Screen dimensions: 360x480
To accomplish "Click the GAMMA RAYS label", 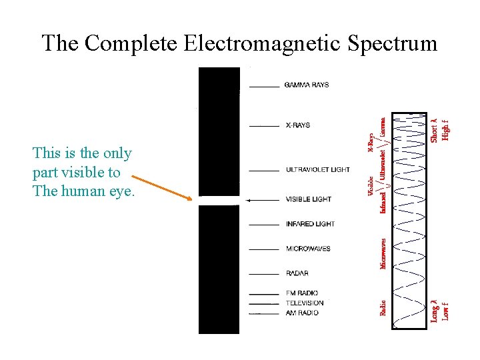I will pyautogui.click(x=306, y=85).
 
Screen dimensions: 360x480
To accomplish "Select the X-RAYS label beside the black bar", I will pyautogui.click(x=297, y=125).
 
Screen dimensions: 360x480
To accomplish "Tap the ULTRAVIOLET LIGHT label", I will pyautogui.click(x=317, y=170).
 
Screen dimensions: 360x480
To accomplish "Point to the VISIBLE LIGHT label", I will pyautogui.click(x=308, y=199).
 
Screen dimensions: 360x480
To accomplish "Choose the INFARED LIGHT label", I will pyautogui.click(x=309, y=224).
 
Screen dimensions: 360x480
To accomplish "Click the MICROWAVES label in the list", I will pyautogui.click(x=307, y=249).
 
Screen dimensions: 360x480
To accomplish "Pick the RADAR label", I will pyautogui.click(x=297, y=273).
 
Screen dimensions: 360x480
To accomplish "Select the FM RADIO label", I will pyautogui.click(x=302, y=293).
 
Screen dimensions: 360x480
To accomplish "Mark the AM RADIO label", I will pyautogui.click(x=302, y=313).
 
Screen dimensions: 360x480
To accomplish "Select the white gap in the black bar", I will pyautogui.click(x=219, y=200).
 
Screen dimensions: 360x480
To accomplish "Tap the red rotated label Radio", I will pyautogui.click(x=383, y=308).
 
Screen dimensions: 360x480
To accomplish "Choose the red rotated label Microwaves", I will pyautogui.click(x=383, y=254).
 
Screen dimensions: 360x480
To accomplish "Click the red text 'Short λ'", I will pyautogui.click(x=433, y=129).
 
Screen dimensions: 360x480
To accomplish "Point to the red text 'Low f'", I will pyautogui.click(x=445, y=311).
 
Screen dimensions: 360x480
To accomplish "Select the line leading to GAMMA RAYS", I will pyautogui.click(x=265, y=86).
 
